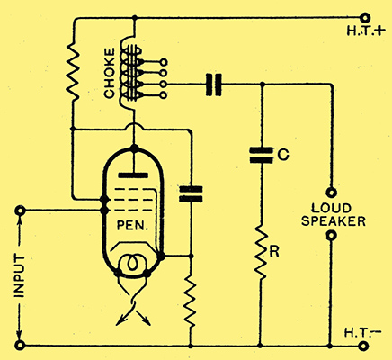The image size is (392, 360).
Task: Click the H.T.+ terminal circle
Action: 364,18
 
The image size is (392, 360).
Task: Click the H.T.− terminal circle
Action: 364,346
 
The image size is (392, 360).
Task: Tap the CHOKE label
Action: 109,73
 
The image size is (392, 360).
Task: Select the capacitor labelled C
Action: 262,155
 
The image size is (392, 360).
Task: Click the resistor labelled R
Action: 262,253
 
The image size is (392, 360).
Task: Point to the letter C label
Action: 283,155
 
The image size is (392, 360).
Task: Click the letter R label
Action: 274,252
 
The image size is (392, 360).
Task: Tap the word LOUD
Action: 331,208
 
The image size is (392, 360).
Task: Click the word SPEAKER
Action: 334,221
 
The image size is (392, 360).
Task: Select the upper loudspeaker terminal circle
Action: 331,193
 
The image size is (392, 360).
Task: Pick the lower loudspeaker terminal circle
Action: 331,236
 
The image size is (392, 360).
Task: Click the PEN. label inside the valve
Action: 132,226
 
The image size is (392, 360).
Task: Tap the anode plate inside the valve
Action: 133,175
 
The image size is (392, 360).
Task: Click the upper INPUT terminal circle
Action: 20,211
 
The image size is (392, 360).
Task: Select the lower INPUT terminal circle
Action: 20,346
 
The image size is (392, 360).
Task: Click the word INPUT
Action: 20,276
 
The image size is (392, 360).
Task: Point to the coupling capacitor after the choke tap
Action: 213,85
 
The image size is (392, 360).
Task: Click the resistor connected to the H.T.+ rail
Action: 73,72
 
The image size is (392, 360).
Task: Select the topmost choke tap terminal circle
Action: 164,62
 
